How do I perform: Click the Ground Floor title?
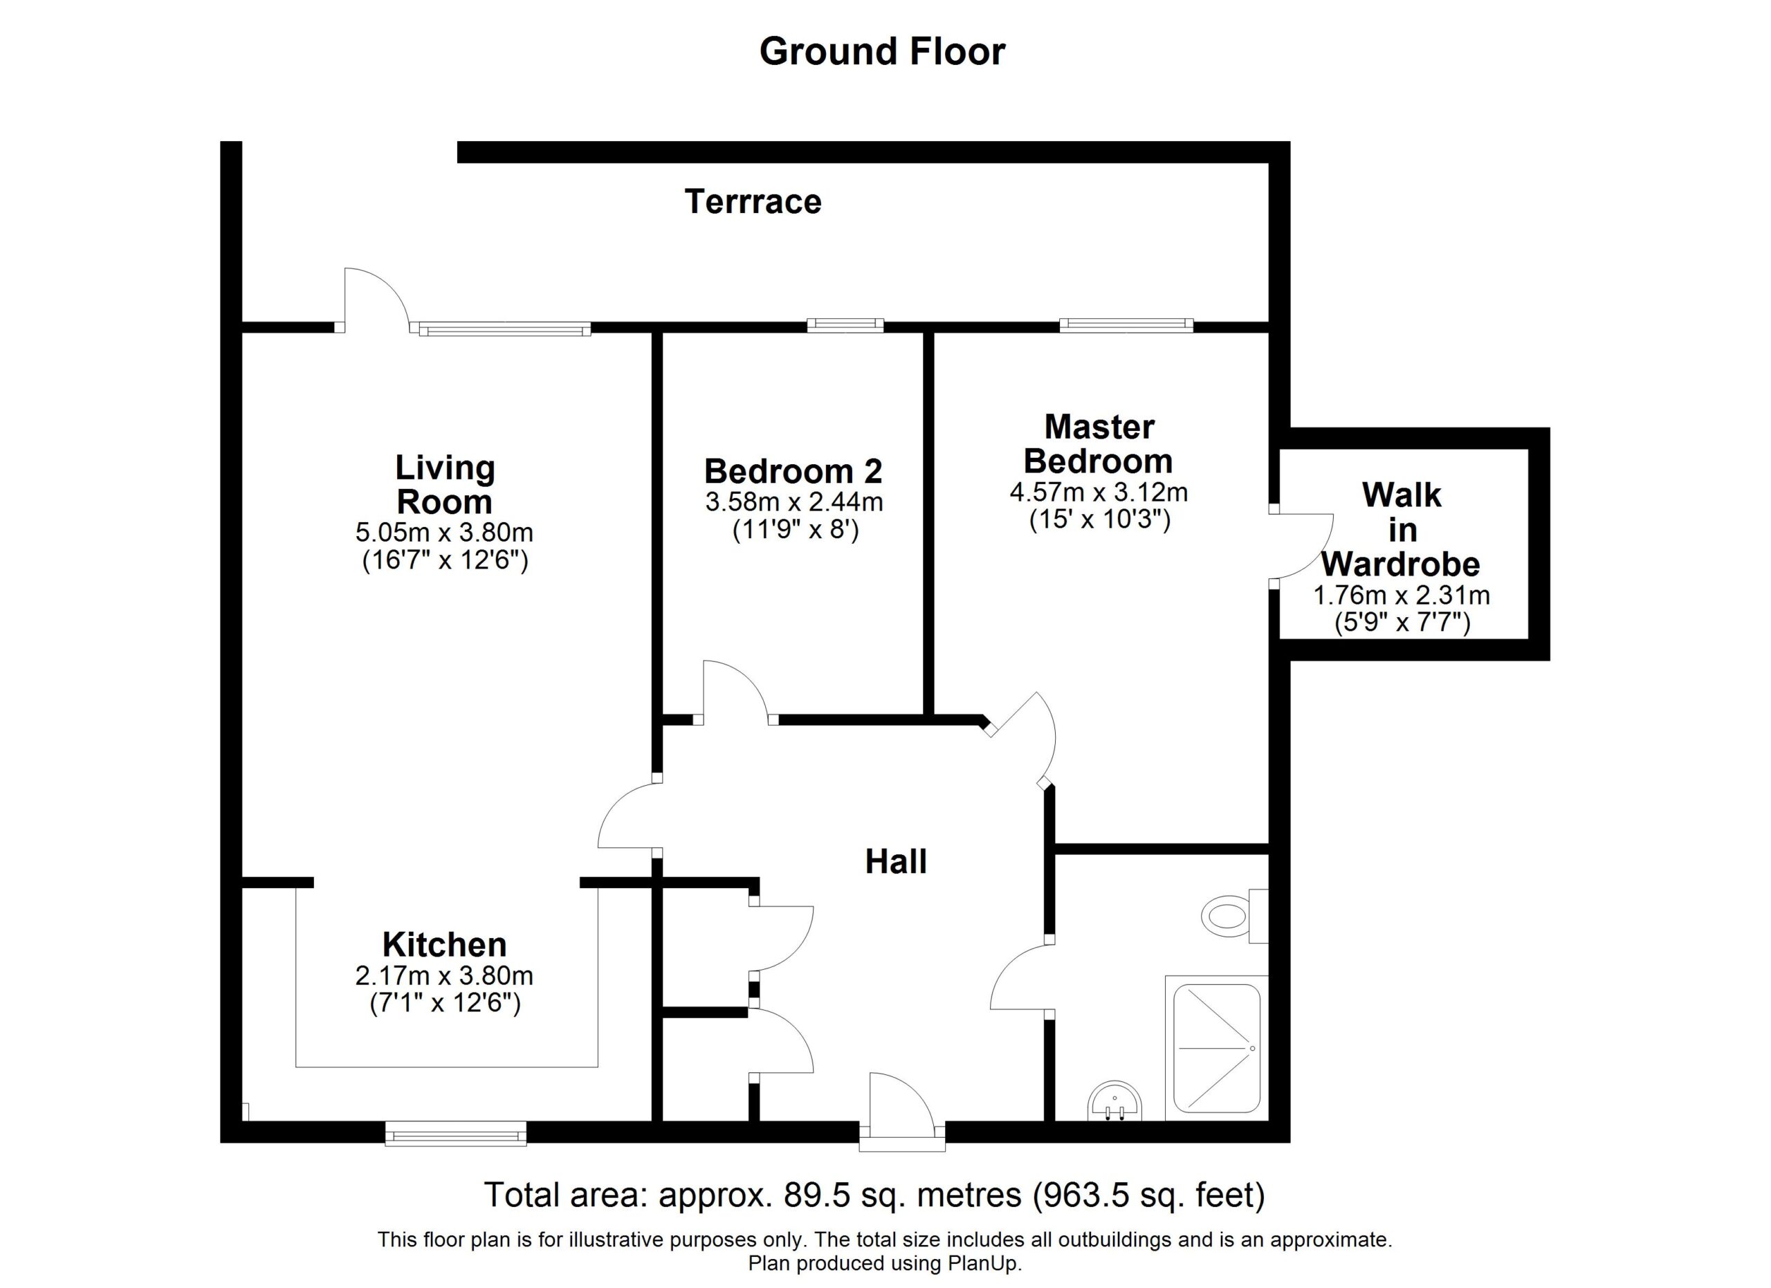point(882,51)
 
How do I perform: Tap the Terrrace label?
point(753,202)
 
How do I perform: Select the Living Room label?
point(445,485)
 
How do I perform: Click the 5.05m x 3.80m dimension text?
point(444,533)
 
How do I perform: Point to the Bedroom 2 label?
point(793,472)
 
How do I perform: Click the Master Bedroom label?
point(1099,444)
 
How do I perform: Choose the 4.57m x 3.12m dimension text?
point(1099,493)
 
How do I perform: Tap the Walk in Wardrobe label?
point(1402,529)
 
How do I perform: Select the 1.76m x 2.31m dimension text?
point(1402,596)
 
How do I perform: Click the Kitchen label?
point(444,946)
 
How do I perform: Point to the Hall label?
point(896,862)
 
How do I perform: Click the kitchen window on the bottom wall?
point(456,1132)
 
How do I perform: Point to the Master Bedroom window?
point(1126,326)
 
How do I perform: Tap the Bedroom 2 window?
point(845,326)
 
